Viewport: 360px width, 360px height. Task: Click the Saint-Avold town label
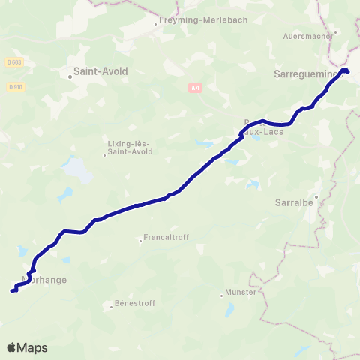[100, 72]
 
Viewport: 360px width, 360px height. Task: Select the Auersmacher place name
[307, 35]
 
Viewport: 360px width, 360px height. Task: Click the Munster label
[240, 292]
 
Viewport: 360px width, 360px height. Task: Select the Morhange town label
[46, 280]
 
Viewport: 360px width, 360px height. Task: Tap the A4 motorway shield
[195, 88]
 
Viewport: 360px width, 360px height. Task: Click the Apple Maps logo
[27, 347]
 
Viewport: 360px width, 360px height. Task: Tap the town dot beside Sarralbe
[316, 197]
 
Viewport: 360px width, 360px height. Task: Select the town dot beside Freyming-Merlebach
[156, 23]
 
